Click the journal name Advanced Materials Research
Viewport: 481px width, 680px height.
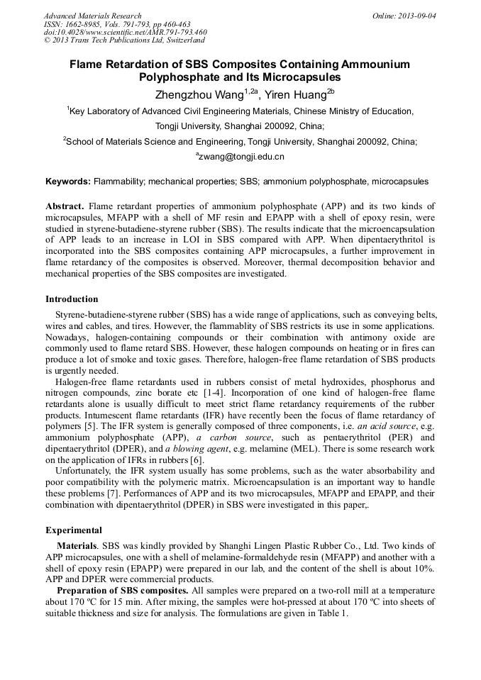click(92, 16)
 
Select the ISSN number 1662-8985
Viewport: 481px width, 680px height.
click(86, 24)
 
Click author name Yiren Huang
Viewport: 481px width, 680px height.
click(294, 94)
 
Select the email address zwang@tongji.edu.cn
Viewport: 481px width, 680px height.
click(241, 156)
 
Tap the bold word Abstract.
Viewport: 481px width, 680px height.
click(65, 206)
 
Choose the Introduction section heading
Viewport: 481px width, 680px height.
click(72, 299)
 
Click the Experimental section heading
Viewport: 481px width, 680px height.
click(74, 530)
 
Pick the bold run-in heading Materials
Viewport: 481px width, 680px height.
click(77, 547)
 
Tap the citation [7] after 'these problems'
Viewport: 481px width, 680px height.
click(131, 494)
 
